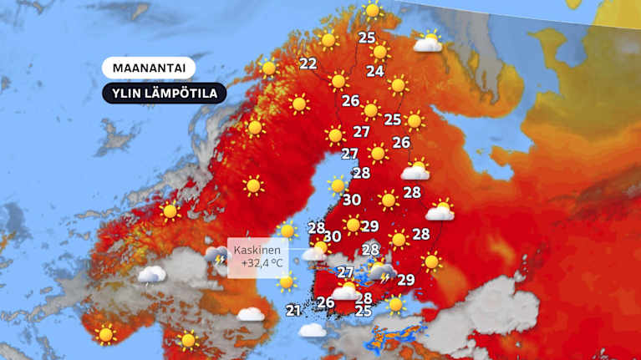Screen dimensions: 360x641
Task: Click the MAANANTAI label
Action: [149, 68]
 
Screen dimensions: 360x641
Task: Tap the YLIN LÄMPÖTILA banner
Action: [165, 94]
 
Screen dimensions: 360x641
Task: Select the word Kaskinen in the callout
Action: [257, 250]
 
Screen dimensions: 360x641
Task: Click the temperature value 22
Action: [308, 63]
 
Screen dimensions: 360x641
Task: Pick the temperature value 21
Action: [293, 311]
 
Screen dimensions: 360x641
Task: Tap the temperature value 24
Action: [375, 71]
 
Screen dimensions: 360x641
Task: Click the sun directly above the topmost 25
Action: [372, 12]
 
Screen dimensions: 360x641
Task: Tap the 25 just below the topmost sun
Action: [367, 37]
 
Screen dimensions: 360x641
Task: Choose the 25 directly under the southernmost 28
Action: [364, 312]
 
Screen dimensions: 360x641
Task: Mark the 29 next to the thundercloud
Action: [406, 280]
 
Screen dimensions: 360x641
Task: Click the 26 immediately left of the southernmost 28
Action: [326, 302]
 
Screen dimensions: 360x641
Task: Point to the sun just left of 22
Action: [268, 68]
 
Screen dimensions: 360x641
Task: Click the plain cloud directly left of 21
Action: [251, 314]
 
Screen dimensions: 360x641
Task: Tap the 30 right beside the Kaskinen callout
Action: [332, 237]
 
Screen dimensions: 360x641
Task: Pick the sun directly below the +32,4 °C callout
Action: [286, 281]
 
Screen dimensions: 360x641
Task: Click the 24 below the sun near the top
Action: [375, 71]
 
